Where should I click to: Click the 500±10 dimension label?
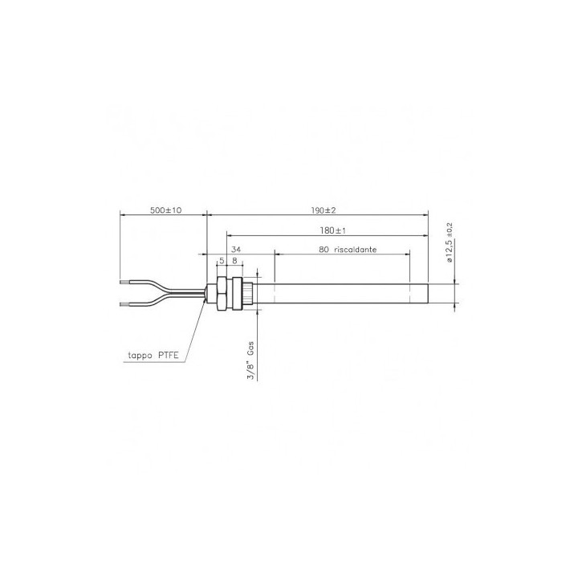pos(166,210)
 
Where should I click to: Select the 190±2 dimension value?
pos(324,210)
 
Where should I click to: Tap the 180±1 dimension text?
pos(333,230)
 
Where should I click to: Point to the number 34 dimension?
pos(236,250)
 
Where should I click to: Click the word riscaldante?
pos(356,250)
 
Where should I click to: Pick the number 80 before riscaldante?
pos(324,250)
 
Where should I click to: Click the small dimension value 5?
pos(222,261)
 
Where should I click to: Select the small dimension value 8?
pos(234,261)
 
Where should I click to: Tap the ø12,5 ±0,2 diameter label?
pos(449,242)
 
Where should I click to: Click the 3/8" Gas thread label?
pos(250,361)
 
